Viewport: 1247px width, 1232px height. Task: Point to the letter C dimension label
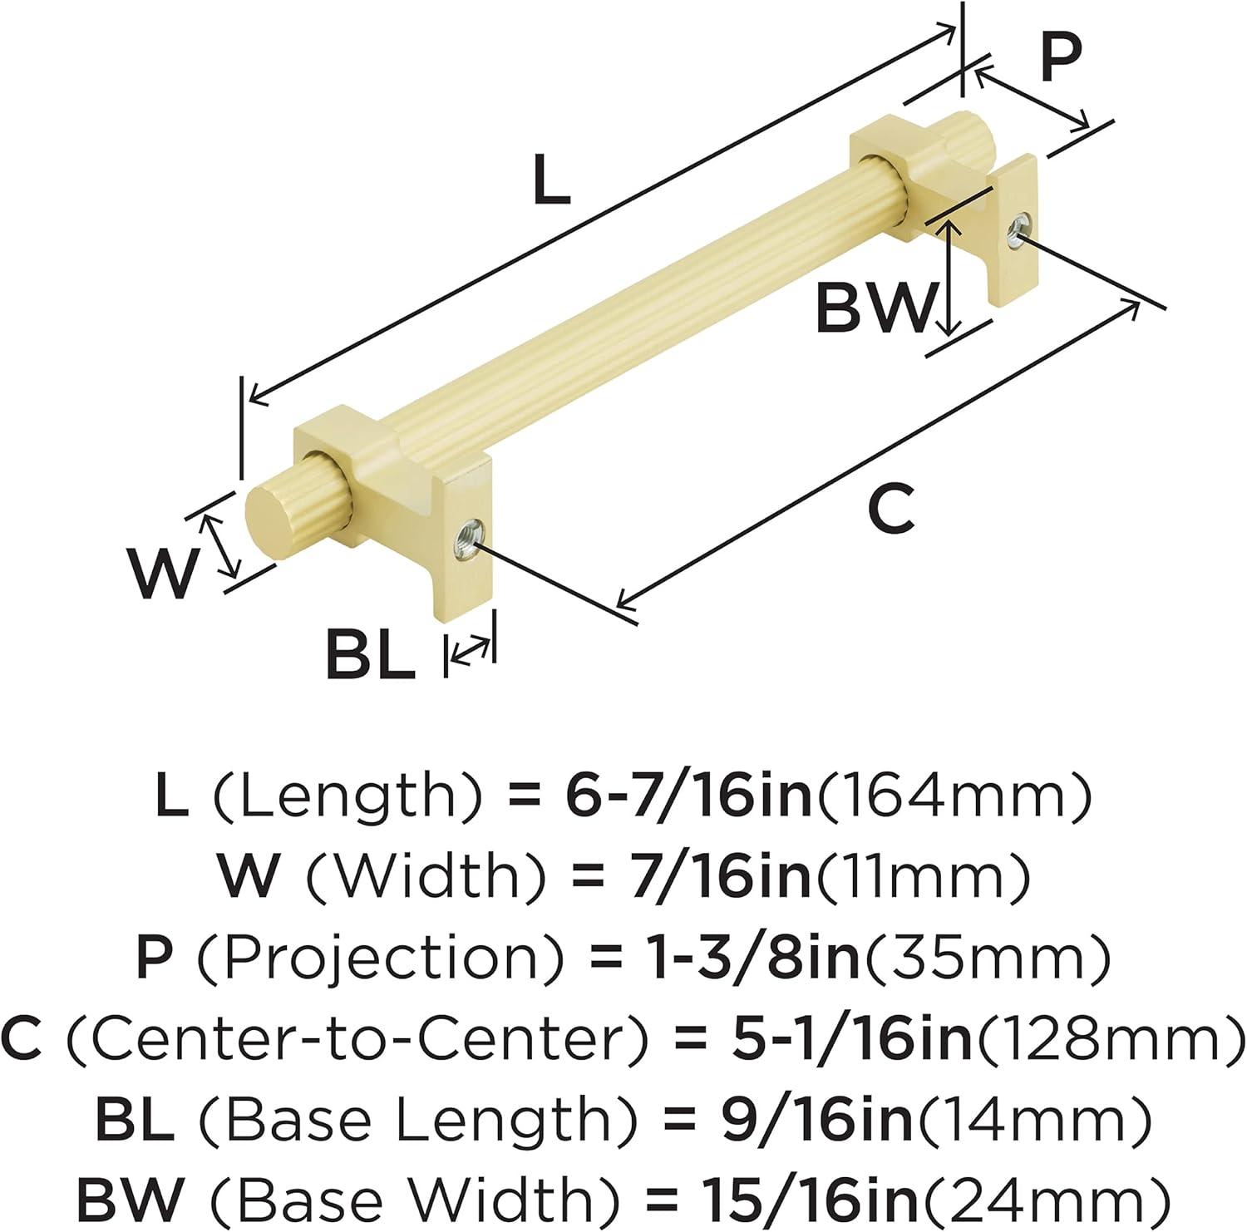pos(892,509)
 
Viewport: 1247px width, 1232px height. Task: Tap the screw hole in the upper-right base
pos(1018,229)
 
